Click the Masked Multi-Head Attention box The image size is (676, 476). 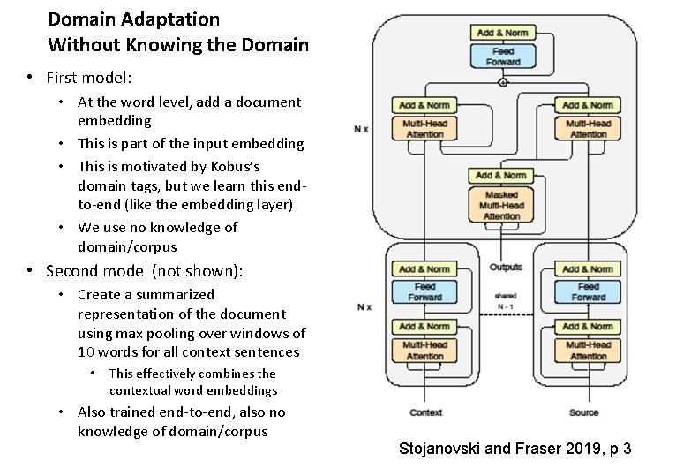tap(501, 205)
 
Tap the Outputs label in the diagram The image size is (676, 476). tap(506, 267)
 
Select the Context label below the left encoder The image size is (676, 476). tap(425, 412)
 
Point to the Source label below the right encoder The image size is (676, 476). tap(583, 412)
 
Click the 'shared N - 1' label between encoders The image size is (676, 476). tap(506, 301)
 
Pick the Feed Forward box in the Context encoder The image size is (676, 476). tap(424, 291)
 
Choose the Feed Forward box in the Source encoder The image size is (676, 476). tap(588, 291)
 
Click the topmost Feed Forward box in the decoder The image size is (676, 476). tap(502, 57)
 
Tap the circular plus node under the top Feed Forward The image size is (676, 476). tap(503, 82)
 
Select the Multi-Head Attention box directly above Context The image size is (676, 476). tap(424, 350)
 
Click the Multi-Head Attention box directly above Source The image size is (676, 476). tap(588, 350)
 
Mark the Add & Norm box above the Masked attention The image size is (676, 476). tap(501, 175)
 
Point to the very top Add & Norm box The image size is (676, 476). tap(502, 33)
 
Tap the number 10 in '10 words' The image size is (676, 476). tap(86, 352)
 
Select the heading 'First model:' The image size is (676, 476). tap(88, 77)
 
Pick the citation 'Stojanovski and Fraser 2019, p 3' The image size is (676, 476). tap(515, 449)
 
